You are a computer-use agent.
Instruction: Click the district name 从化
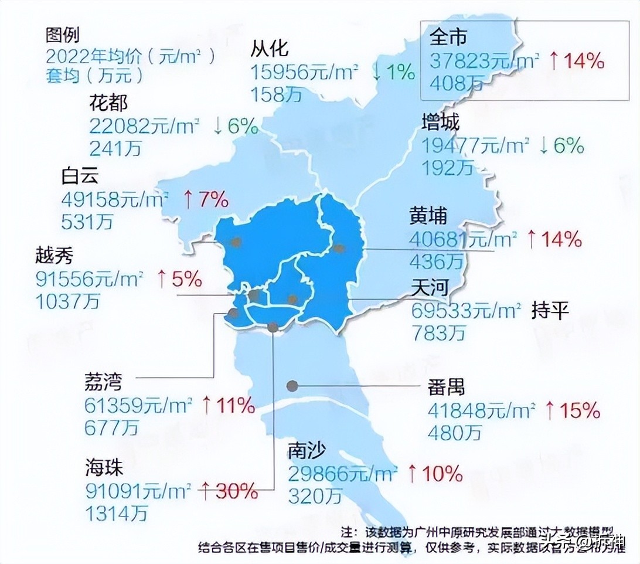(x=270, y=48)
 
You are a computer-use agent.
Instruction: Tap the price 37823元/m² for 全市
(x=484, y=60)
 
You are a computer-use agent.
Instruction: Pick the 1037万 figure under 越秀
(x=67, y=301)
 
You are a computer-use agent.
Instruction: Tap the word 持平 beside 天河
(x=550, y=310)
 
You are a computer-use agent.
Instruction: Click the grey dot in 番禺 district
(x=292, y=385)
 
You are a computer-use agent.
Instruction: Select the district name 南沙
(x=307, y=451)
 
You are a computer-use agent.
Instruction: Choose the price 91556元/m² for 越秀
(x=90, y=279)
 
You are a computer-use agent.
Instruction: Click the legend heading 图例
(x=62, y=36)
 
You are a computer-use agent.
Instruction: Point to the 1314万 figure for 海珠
(x=116, y=513)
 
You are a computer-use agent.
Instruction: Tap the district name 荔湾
(x=103, y=383)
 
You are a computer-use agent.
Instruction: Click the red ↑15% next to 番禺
(x=573, y=410)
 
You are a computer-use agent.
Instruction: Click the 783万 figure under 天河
(x=438, y=332)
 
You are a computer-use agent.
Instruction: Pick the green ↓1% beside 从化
(x=393, y=72)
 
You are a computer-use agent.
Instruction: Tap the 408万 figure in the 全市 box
(x=457, y=84)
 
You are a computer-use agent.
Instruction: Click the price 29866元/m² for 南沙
(x=343, y=473)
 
